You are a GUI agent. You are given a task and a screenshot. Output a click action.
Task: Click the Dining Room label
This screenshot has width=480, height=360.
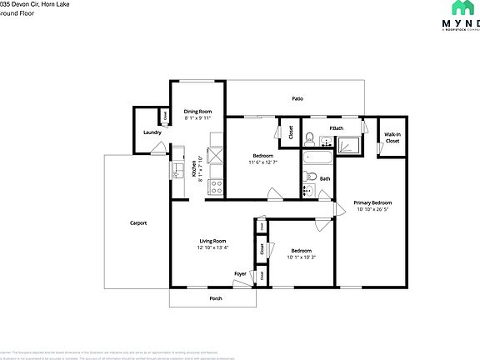click(197, 112)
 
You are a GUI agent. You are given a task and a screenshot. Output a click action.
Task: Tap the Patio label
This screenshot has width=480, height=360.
click(297, 99)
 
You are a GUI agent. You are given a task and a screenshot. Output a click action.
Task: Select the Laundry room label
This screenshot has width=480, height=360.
click(152, 132)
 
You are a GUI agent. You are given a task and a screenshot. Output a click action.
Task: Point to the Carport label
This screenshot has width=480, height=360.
click(137, 222)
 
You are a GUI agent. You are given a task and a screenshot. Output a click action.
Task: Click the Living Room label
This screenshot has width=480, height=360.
click(212, 241)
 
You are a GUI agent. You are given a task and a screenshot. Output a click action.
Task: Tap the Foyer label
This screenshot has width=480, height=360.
click(240, 274)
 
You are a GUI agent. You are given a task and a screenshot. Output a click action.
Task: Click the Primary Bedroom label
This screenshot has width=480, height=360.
click(372, 202)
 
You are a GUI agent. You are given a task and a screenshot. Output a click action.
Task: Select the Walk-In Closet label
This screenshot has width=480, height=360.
click(392, 138)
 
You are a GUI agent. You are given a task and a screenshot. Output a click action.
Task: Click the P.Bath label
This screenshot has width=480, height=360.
click(336, 127)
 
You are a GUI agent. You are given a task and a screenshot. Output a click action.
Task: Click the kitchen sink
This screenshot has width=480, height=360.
click(177, 172)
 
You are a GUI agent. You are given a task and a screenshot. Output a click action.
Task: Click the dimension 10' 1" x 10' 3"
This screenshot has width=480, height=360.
click(301, 257)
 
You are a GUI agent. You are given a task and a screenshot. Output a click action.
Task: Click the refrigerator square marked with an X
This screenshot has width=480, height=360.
click(215, 155)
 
